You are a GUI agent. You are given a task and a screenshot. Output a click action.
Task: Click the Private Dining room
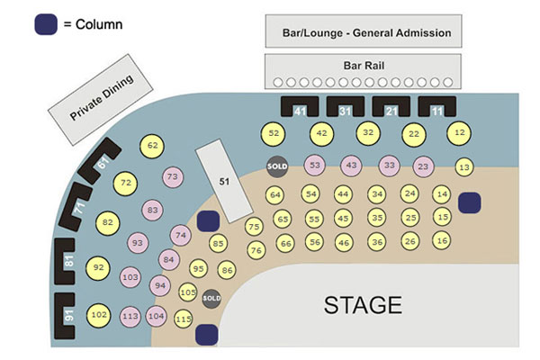tap(103, 99)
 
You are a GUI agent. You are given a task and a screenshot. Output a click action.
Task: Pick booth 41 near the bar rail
tap(301, 108)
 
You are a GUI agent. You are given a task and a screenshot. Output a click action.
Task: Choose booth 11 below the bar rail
tap(436, 108)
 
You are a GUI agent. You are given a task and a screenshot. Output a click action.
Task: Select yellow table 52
tap(274, 133)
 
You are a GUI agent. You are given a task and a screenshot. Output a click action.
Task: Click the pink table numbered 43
tap(351, 166)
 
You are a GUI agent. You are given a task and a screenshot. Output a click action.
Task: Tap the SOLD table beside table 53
tap(276, 166)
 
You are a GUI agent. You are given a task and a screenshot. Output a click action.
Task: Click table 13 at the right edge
tap(464, 166)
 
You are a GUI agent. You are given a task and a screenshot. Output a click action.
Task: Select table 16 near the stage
tap(441, 240)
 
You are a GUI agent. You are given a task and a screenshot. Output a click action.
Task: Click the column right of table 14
tap(469, 203)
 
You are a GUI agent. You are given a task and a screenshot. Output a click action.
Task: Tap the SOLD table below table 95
tap(211, 298)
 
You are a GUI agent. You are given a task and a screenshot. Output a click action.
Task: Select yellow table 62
tap(153, 145)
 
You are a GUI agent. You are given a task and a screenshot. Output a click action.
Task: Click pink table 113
tap(130, 316)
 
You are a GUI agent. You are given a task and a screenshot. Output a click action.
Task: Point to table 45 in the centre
tap(342, 218)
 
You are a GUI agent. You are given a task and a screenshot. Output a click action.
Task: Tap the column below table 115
tap(207, 335)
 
